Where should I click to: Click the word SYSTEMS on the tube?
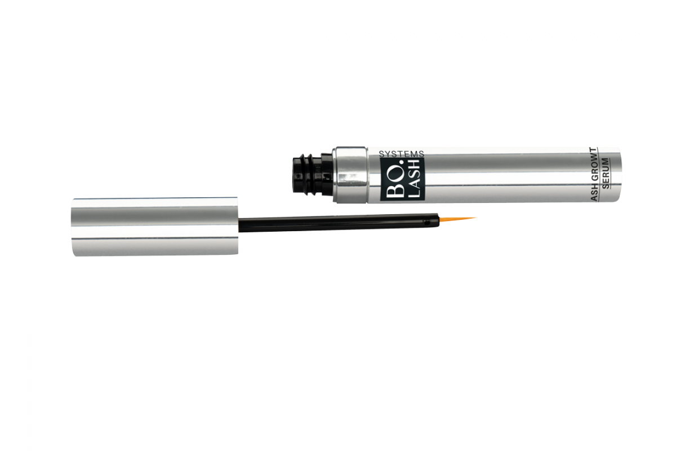tap(402, 153)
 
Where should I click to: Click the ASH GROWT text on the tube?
tap(593, 174)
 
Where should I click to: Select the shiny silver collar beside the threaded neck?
tap(351, 175)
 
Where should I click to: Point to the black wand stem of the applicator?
tap(338, 224)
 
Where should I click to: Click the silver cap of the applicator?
tap(155, 227)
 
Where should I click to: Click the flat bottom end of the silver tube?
tap(618, 175)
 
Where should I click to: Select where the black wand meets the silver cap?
tap(239, 226)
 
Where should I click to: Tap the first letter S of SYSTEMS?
tap(382, 153)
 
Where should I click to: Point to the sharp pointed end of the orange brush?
tap(476, 218)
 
